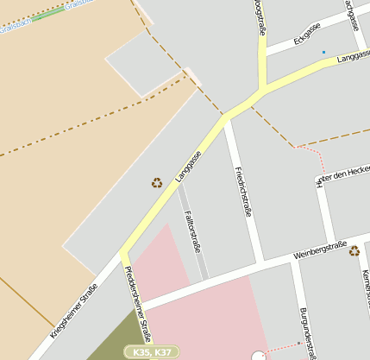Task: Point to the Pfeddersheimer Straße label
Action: point(138,303)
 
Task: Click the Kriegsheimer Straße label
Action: point(73,314)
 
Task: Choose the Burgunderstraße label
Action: point(305,332)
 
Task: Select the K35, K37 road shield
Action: point(152,352)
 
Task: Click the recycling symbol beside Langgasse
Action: point(157,182)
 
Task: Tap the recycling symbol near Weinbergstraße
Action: point(354,250)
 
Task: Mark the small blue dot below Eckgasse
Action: point(324,53)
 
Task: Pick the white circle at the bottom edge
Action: point(258,356)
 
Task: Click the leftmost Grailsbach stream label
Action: point(16,27)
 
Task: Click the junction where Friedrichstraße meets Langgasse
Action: point(226,119)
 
